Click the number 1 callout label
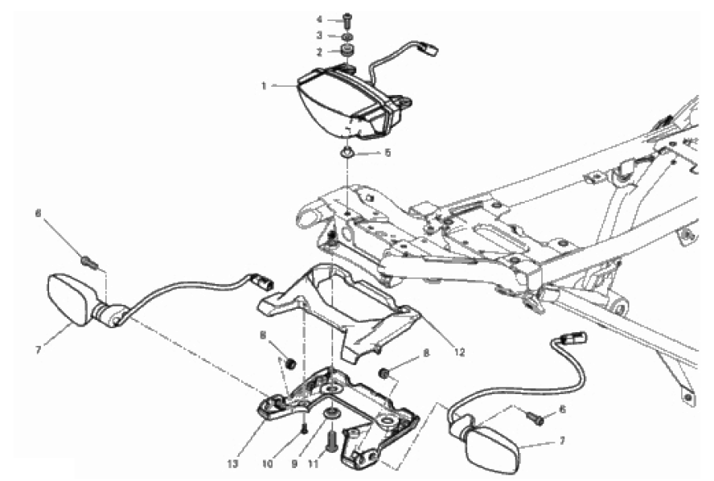264,85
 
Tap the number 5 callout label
388,153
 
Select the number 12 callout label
460,352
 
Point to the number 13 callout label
232,464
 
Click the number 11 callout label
314,464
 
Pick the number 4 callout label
319,19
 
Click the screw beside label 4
348,19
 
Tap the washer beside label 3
348,36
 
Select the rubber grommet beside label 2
348,50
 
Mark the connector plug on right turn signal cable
575,339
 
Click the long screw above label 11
332,439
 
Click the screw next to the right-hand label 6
535,417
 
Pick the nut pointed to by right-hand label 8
384,373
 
